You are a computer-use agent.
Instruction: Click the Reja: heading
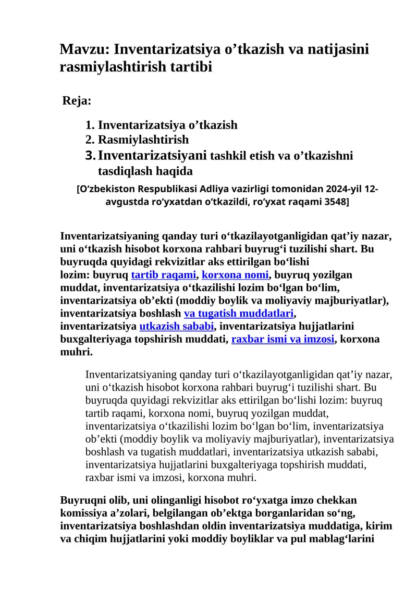(77, 101)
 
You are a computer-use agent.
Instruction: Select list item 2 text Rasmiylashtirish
(143, 140)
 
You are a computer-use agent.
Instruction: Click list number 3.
(90, 155)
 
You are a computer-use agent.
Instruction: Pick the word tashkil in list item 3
(230, 156)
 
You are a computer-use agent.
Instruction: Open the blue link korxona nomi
(235, 274)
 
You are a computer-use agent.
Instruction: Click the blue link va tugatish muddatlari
(239, 314)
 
